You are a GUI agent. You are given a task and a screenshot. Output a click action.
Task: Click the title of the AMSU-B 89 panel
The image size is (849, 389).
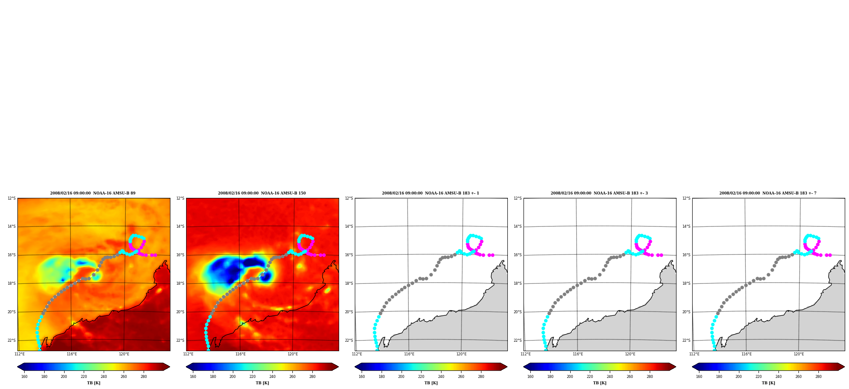click(x=93, y=193)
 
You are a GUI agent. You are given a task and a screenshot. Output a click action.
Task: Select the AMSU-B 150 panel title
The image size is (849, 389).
click(x=262, y=193)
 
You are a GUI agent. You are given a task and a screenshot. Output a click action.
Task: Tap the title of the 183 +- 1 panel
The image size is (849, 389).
click(x=430, y=193)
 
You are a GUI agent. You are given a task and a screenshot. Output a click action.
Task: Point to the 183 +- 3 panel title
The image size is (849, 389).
click(x=599, y=193)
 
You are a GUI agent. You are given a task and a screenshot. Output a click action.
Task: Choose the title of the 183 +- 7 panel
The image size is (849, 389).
click(x=768, y=193)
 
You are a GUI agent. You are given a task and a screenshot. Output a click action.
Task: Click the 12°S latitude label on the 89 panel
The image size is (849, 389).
click(x=11, y=198)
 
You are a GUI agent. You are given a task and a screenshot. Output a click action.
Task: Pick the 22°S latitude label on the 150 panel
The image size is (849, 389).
click(x=180, y=340)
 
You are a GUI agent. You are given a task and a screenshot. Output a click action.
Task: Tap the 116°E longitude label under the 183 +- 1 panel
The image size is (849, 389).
click(x=409, y=354)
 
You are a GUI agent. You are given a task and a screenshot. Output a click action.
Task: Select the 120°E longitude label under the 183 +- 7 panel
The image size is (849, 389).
click(x=798, y=354)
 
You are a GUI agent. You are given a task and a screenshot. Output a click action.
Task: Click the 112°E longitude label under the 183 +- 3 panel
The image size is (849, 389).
click(x=526, y=354)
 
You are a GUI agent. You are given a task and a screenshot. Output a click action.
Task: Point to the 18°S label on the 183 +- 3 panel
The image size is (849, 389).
click(x=518, y=283)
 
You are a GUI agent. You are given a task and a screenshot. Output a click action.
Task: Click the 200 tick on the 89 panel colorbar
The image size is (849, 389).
click(x=64, y=376)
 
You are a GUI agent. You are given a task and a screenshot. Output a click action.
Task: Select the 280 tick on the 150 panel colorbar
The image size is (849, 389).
click(x=312, y=376)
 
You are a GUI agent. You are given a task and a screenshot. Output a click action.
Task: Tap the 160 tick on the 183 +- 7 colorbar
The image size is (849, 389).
click(x=699, y=376)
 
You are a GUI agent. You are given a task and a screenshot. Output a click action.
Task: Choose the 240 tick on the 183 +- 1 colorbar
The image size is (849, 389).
click(x=441, y=376)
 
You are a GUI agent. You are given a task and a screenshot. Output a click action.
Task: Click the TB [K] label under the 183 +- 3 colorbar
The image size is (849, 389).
click(x=600, y=383)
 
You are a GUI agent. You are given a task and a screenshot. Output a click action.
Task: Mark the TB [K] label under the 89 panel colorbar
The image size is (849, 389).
click(x=93, y=383)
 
